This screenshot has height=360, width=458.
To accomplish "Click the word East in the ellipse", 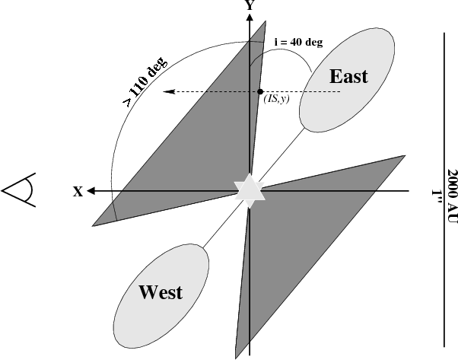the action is point(348,76).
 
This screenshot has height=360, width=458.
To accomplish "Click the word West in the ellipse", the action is point(161,292).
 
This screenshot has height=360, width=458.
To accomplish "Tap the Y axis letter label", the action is point(249,5).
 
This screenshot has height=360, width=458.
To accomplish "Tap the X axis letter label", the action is point(78,192).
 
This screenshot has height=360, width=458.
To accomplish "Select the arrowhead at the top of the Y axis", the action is point(250,18).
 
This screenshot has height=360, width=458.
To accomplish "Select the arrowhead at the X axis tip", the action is point(91,191).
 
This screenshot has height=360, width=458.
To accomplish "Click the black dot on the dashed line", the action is point(260,92).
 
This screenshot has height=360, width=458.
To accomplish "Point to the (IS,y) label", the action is point(276,100).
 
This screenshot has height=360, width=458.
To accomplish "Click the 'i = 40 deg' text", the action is point(298,42).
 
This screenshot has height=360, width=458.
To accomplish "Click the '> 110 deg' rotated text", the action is point(145,81).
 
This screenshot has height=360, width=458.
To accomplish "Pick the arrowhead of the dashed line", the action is point(169,92).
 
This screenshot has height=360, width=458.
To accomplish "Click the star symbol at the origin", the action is point(250,190).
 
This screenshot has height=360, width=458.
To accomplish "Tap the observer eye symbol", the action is point(19,190).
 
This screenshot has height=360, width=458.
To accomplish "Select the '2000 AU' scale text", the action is point(452,197).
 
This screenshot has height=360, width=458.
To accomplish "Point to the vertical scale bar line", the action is point(444,190).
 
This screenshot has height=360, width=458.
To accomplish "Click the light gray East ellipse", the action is point(347,80).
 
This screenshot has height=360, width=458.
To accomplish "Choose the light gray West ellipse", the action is point(161,296).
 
